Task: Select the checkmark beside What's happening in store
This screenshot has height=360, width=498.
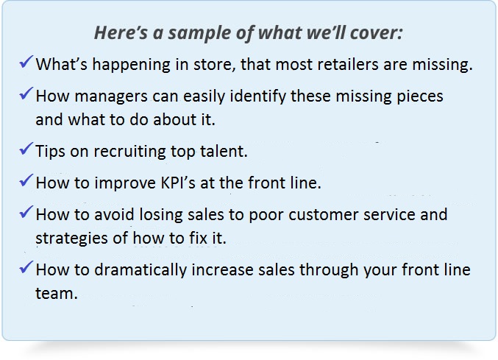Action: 26,62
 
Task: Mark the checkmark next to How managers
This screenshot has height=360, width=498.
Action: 26,93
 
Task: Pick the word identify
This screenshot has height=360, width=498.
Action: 258,96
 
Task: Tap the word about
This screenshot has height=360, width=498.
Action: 174,120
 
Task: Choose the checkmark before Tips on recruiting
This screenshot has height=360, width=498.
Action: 26,149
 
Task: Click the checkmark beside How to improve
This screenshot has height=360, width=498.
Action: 26,180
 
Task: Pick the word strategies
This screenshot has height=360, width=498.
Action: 71,239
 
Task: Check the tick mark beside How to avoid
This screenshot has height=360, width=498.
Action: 26,212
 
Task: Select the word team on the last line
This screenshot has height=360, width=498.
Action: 56,294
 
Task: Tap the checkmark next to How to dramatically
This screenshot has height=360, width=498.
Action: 26,267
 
